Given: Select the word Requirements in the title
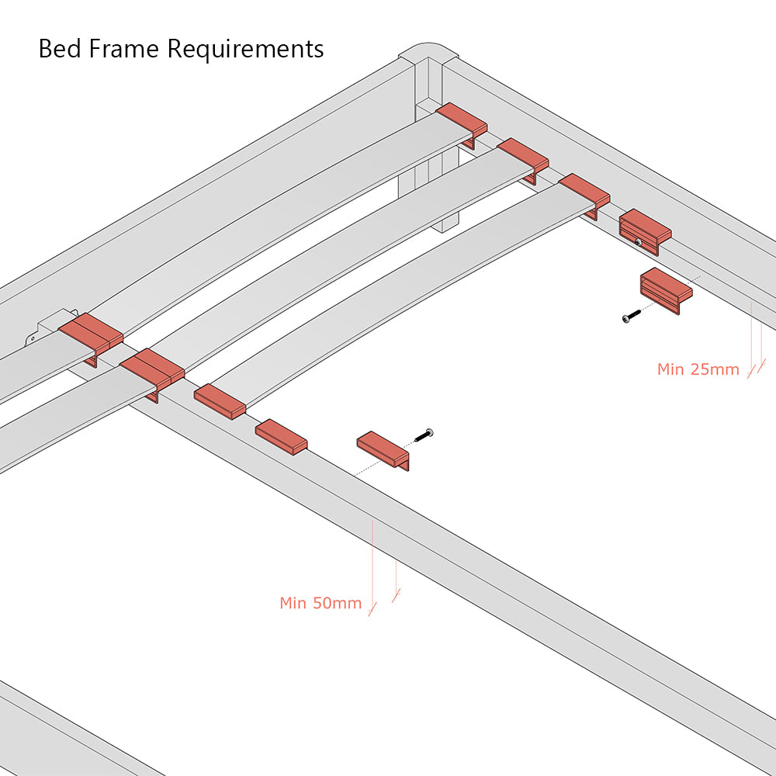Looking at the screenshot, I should pyautogui.click(x=245, y=50).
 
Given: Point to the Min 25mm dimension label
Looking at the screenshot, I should pyautogui.click(x=698, y=369).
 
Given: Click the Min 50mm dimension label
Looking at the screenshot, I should pyautogui.click(x=320, y=603).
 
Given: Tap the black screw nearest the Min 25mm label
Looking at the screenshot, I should pyautogui.click(x=632, y=316).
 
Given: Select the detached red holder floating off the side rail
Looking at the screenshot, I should pyautogui.click(x=666, y=289).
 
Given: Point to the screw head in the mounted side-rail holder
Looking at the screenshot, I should pyautogui.click(x=638, y=242).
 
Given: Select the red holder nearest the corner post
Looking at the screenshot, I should pyautogui.click(x=462, y=121).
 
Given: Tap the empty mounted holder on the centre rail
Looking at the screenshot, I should pyautogui.click(x=281, y=436).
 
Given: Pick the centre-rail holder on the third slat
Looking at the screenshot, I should pyautogui.click(x=220, y=400).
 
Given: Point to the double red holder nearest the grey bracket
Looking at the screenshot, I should pyautogui.click(x=90, y=334).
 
